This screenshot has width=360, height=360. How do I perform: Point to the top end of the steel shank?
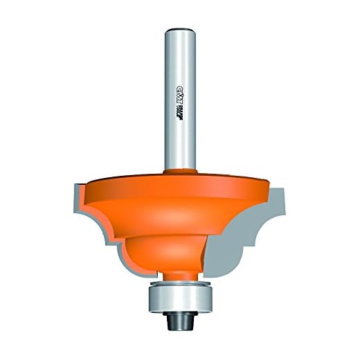coord(179,29)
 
